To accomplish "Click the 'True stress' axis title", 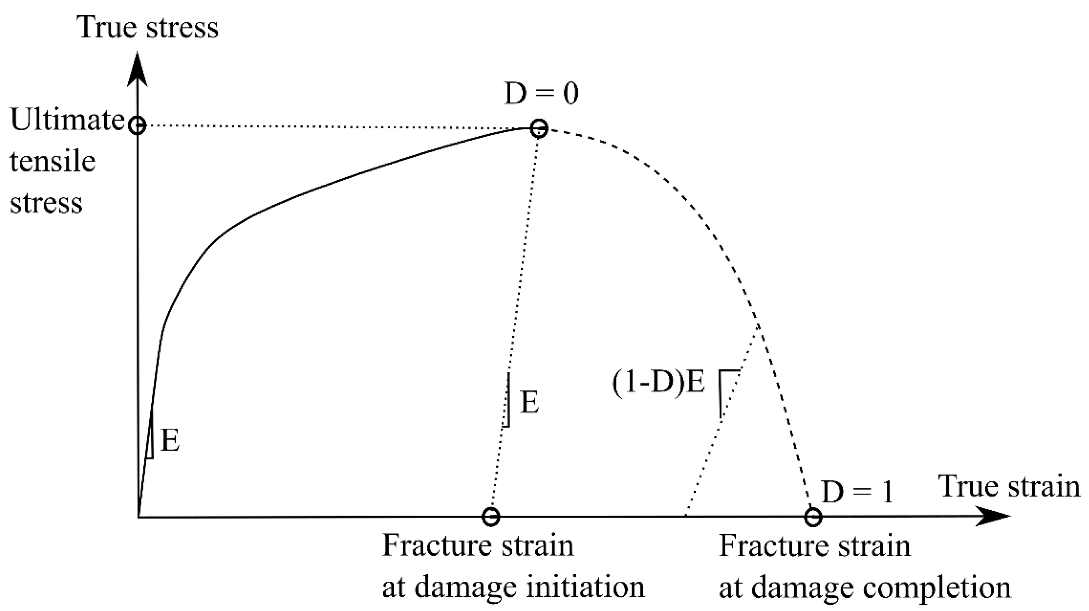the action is tap(148, 28).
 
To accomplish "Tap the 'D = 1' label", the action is tap(858, 492).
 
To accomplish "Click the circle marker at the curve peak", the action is tap(539, 128).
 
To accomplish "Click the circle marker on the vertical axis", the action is tap(137, 125).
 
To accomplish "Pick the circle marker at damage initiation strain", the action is tap(491, 516).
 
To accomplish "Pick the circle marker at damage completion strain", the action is tap(813, 516).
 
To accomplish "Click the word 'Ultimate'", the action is tap(67, 121).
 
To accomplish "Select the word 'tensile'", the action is tap(52, 161).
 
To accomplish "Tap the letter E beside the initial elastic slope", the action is tap(170, 441).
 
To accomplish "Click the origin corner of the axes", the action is tap(138, 516).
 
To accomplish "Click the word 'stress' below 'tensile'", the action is tap(46, 203).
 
